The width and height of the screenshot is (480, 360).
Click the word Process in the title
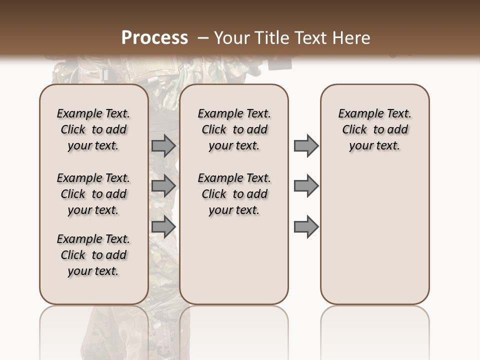click(154, 38)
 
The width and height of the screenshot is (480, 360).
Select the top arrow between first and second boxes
click(163, 146)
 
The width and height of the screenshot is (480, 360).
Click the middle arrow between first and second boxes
click(163, 186)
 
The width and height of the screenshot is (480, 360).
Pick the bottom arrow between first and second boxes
click(163, 226)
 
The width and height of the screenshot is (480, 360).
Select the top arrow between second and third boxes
click(306, 146)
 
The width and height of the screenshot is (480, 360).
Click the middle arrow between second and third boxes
click(306, 186)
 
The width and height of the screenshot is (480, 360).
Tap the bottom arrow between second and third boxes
click(306, 226)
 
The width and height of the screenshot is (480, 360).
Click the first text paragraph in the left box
click(93, 130)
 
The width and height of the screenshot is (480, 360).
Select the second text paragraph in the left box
click(93, 194)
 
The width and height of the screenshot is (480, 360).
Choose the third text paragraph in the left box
click(93, 255)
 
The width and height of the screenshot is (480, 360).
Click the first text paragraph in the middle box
click(234, 130)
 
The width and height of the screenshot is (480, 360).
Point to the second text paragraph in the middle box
click(234, 194)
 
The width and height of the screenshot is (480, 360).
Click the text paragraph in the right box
click(374, 130)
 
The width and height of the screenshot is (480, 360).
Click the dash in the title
click(202, 38)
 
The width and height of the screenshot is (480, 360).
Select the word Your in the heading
click(232, 38)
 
